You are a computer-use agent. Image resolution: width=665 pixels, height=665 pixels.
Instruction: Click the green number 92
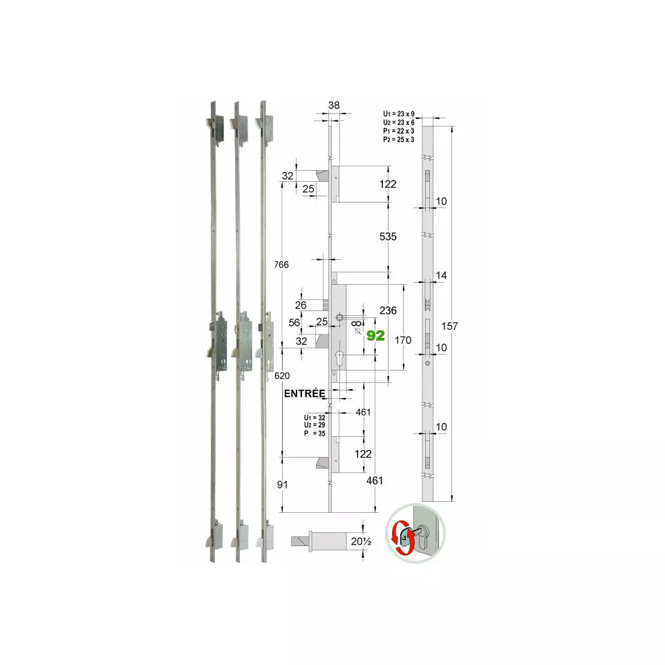point(375,335)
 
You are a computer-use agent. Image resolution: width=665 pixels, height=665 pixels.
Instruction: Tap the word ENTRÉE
point(305,393)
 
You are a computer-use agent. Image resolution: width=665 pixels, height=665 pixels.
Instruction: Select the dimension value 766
point(281,265)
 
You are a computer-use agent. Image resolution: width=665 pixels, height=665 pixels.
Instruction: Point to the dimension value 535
point(388,236)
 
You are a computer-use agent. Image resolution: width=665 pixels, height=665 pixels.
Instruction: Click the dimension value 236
point(388,310)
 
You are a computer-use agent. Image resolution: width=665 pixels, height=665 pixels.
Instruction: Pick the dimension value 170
point(402,340)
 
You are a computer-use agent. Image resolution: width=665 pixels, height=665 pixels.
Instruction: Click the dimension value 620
point(282,376)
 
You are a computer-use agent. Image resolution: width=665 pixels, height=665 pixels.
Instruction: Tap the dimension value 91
point(283,485)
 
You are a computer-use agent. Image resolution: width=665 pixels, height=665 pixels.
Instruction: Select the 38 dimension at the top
point(334,105)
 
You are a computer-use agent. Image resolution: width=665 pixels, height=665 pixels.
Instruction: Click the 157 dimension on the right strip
point(449,326)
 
